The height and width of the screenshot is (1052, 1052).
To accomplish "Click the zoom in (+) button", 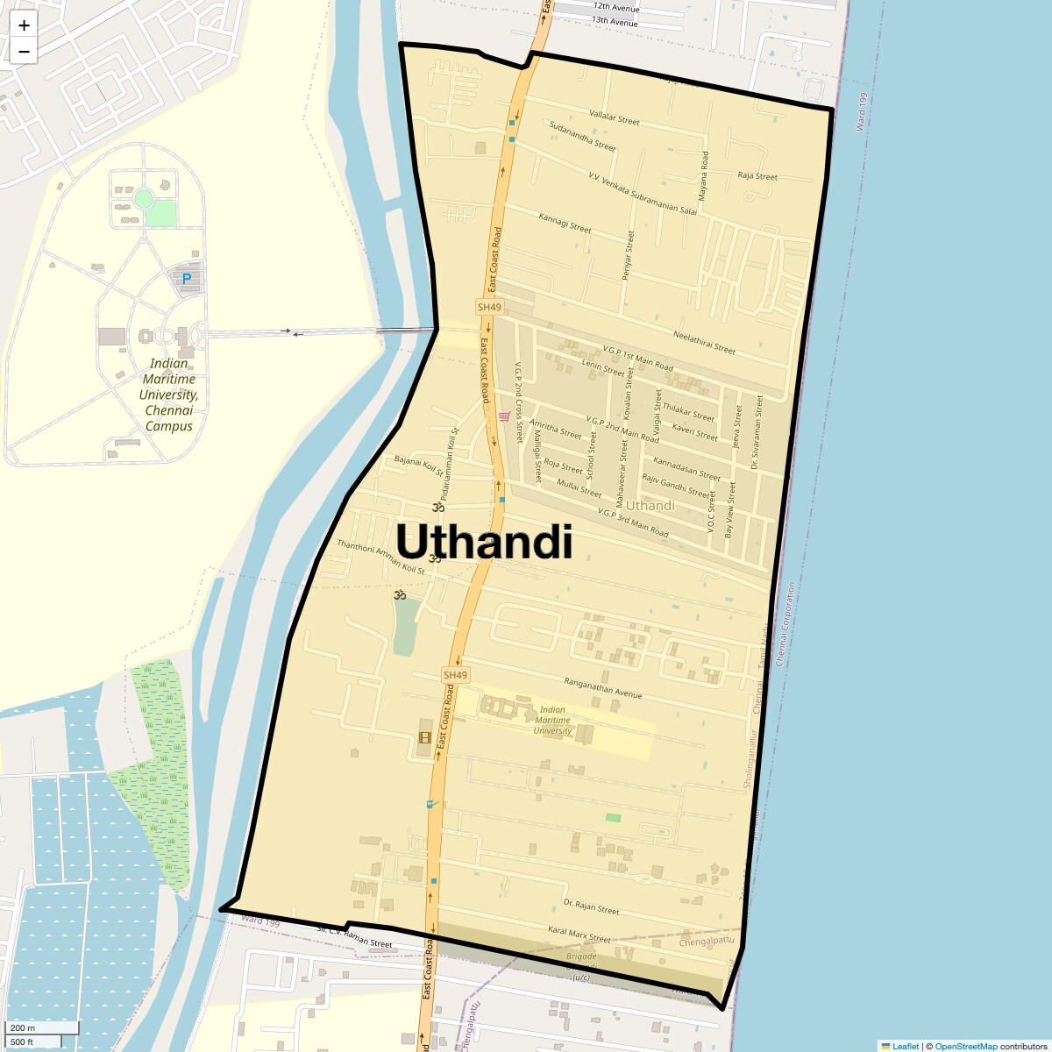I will (24, 25).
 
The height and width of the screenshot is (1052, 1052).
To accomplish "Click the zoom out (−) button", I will (24, 52).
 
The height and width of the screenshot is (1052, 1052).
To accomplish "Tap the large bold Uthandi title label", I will (485, 542).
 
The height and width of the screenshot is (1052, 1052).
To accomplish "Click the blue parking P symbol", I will (186, 279).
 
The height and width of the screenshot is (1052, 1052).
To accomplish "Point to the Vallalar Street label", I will (615, 117).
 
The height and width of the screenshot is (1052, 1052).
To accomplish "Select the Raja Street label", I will (757, 176).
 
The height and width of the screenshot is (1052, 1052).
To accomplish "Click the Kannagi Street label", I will (565, 222).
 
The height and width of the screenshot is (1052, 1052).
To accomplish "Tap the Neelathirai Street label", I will (704, 342).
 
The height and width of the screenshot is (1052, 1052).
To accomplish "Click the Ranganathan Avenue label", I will (603, 688).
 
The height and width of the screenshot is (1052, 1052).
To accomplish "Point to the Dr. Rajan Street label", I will (591, 906).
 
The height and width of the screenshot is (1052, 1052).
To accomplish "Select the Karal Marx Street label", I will (579, 934).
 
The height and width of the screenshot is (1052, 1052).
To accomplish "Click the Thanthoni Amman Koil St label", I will (380, 558).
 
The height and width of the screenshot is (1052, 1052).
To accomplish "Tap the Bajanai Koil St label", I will (420, 464).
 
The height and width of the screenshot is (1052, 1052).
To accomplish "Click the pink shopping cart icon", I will (503, 416).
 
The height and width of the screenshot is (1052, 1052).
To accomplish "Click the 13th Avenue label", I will (615, 20).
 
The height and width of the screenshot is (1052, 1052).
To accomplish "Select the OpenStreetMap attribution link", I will (965, 1046).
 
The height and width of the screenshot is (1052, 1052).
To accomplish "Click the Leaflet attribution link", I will (905, 1046).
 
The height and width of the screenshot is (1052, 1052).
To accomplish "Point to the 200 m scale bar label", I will (23, 1028).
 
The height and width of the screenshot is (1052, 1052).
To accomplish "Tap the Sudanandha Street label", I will (582, 137).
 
